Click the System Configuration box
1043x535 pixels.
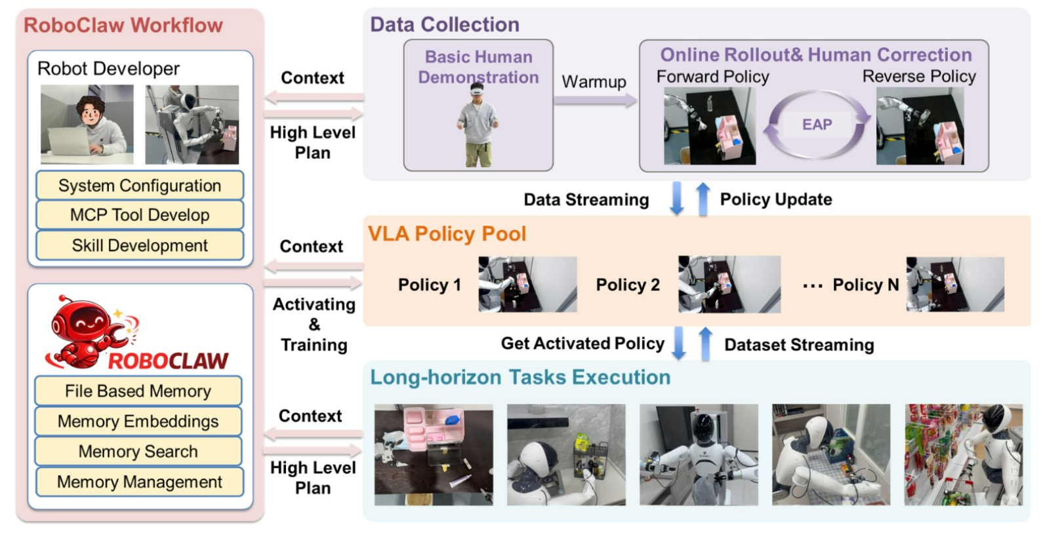(x=140, y=186)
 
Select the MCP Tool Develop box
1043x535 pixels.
(x=140, y=215)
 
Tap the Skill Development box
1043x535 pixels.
(x=140, y=245)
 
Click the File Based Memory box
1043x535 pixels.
(x=138, y=391)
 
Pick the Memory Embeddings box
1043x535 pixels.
(x=138, y=421)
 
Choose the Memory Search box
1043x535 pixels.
(x=138, y=451)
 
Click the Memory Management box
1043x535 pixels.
(x=139, y=482)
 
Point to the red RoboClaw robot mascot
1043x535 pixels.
(x=89, y=331)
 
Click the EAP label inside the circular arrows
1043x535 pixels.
(x=817, y=125)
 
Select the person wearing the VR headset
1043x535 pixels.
(x=478, y=125)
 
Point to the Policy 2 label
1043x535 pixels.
(x=628, y=285)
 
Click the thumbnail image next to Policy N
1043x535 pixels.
(x=955, y=284)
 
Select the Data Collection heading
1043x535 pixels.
(x=444, y=24)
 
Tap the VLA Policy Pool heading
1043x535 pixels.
(x=447, y=233)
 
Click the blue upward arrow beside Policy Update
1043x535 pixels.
(x=703, y=199)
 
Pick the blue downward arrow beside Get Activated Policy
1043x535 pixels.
(x=679, y=343)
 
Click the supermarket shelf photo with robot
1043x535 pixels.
(x=963, y=454)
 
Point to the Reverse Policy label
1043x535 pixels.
(x=919, y=77)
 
